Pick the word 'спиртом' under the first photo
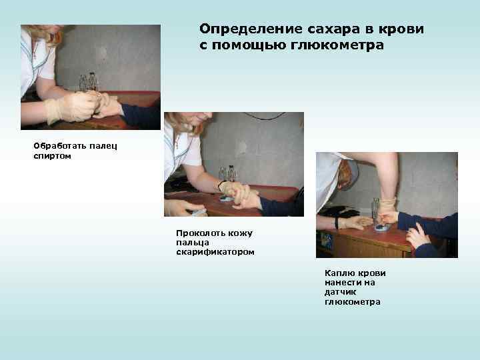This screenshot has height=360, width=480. pos(52,155)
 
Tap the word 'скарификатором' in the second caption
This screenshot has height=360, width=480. pos(215,253)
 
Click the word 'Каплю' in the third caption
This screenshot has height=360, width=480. pos(338,273)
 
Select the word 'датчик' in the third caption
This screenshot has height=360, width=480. pos(340,293)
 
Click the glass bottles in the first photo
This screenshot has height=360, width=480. pos(88,82)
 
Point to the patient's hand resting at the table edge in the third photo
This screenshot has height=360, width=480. pos(416,236)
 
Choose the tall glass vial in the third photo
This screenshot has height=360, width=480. pos(376,209)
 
